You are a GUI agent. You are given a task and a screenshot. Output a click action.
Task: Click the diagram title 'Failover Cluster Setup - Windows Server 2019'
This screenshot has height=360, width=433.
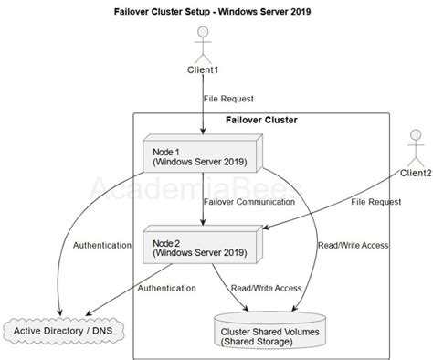[216, 13]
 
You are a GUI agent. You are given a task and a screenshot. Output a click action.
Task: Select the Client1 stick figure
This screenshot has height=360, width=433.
[204, 45]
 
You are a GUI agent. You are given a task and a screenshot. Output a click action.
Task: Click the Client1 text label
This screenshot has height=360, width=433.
[204, 70]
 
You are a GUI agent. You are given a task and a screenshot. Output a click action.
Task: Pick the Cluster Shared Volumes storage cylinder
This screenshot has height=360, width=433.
[268, 331]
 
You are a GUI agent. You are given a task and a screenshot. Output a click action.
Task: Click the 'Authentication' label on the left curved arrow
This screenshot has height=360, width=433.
[100, 245]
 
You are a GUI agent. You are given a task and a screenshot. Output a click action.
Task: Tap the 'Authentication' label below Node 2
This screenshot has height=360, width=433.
[166, 289]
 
